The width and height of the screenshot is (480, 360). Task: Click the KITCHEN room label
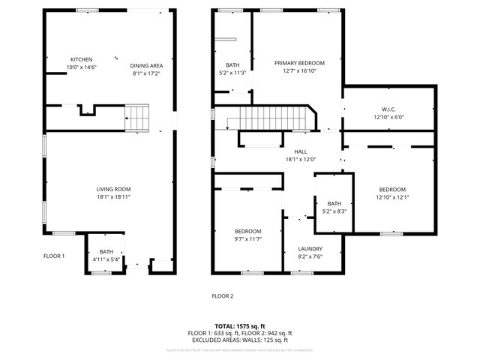pos(82,59)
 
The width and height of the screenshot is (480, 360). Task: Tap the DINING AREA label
pos(147,65)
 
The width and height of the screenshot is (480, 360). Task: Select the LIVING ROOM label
pos(113,189)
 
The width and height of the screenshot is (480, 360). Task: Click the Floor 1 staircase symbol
pos(137,118)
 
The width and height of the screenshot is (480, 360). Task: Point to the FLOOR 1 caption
pos(54,256)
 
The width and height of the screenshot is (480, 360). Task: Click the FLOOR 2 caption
pos(222,296)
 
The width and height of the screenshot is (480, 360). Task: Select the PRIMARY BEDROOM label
pos(299,63)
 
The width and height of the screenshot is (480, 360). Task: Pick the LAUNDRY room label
pos(310,248)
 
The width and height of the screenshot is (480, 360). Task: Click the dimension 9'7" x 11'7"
pos(247,238)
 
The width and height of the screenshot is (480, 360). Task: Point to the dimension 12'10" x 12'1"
pos(392,197)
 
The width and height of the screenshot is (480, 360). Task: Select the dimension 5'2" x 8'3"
pos(334,211)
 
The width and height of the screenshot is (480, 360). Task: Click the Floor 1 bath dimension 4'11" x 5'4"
pos(106,260)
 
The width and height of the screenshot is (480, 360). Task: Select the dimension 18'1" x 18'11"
pos(113,196)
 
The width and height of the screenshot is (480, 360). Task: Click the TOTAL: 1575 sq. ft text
pos(239,326)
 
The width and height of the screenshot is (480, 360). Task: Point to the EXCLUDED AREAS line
pos(239,340)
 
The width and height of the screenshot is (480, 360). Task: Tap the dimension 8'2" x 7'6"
pos(310,256)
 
